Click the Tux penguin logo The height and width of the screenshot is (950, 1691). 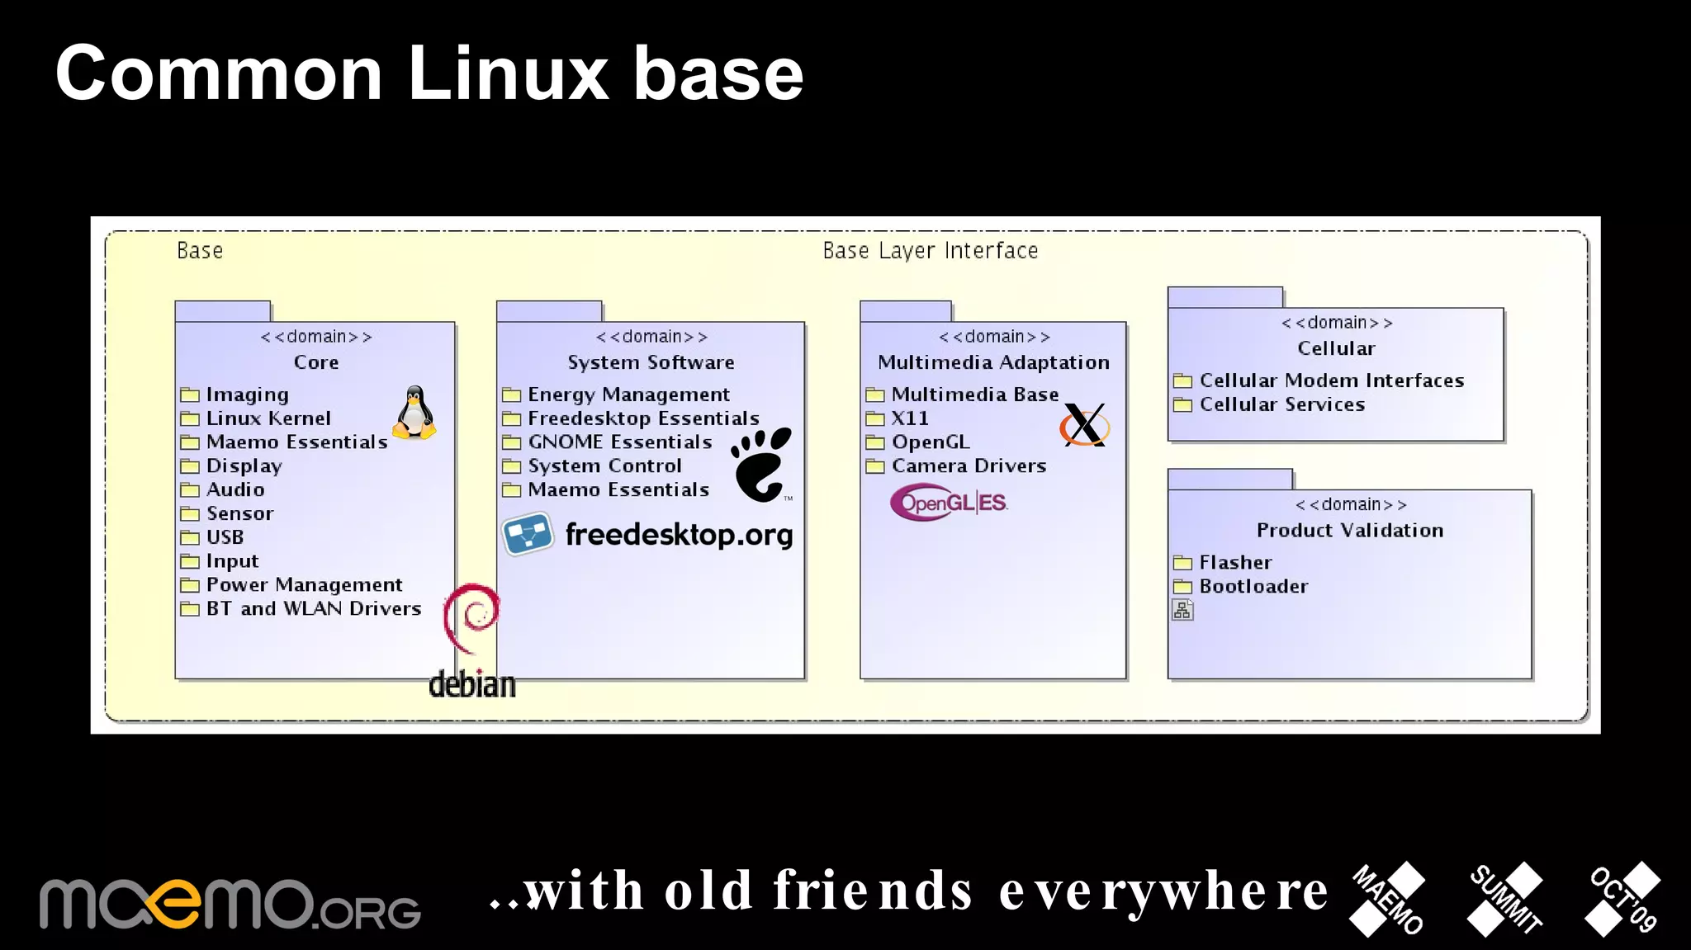(x=414, y=413)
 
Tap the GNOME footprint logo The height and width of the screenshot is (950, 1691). (x=761, y=465)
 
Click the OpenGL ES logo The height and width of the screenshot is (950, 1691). (x=950, y=503)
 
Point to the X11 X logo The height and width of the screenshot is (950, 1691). (x=1084, y=425)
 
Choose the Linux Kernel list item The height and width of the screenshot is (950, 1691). (x=268, y=418)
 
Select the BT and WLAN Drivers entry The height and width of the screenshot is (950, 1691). (x=313, y=609)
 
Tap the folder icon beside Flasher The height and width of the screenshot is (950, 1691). (x=1182, y=563)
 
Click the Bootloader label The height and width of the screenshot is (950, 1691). (x=1253, y=587)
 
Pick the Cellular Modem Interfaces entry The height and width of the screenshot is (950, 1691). (x=1331, y=380)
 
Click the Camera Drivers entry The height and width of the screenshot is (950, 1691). (x=968, y=466)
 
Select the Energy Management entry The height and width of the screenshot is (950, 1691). (x=628, y=395)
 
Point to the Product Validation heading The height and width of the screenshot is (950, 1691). (x=1349, y=530)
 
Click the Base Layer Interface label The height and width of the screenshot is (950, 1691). (x=930, y=251)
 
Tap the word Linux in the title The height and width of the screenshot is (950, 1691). (x=507, y=74)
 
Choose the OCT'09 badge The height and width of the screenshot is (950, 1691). (x=1623, y=899)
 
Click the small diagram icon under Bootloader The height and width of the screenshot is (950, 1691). (x=1182, y=610)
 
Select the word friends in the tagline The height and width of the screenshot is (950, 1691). (x=873, y=891)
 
